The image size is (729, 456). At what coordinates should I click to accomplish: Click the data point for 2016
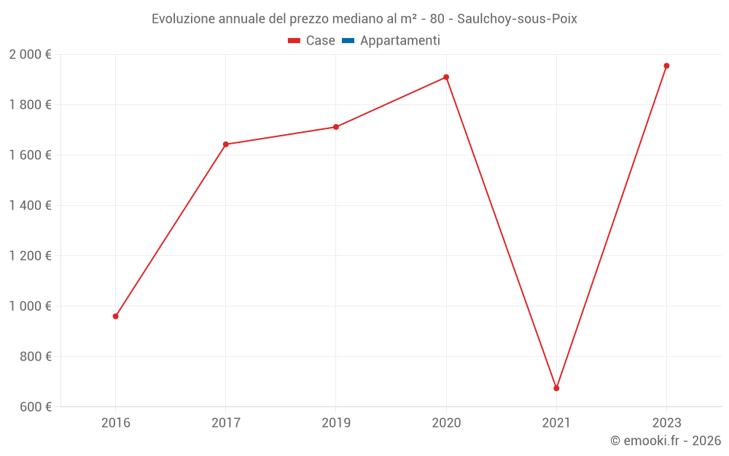(x=115, y=317)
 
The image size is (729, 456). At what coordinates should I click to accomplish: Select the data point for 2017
(x=225, y=144)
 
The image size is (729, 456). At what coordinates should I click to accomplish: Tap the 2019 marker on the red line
(x=336, y=127)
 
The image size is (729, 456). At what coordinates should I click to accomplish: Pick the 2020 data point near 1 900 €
(x=446, y=77)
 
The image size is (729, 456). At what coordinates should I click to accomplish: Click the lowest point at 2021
(x=556, y=388)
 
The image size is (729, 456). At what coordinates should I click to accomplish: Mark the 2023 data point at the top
(x=666, y=66)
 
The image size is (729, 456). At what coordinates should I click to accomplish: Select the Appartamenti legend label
(x=399, y=41)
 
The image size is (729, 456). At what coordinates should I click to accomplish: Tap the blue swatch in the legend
(x=348, y=41)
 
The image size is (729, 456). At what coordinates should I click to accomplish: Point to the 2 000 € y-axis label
(x=30, y=55)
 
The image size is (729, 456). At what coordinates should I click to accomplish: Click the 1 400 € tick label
(x=30, y=206)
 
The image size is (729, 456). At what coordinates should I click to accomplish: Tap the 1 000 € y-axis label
(x=30, y=306)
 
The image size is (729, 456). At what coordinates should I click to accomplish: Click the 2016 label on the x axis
(x=115, y=422)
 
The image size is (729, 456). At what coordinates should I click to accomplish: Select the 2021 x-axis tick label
(x=556, y=422)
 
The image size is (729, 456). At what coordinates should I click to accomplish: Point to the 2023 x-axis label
(x=666, y=422)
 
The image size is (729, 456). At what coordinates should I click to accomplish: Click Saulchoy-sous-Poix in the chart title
(x=517, y=19)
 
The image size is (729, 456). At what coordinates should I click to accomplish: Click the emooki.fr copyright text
(x=665, y=441)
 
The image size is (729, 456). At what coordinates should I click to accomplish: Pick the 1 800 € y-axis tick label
(x=30, y=105)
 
